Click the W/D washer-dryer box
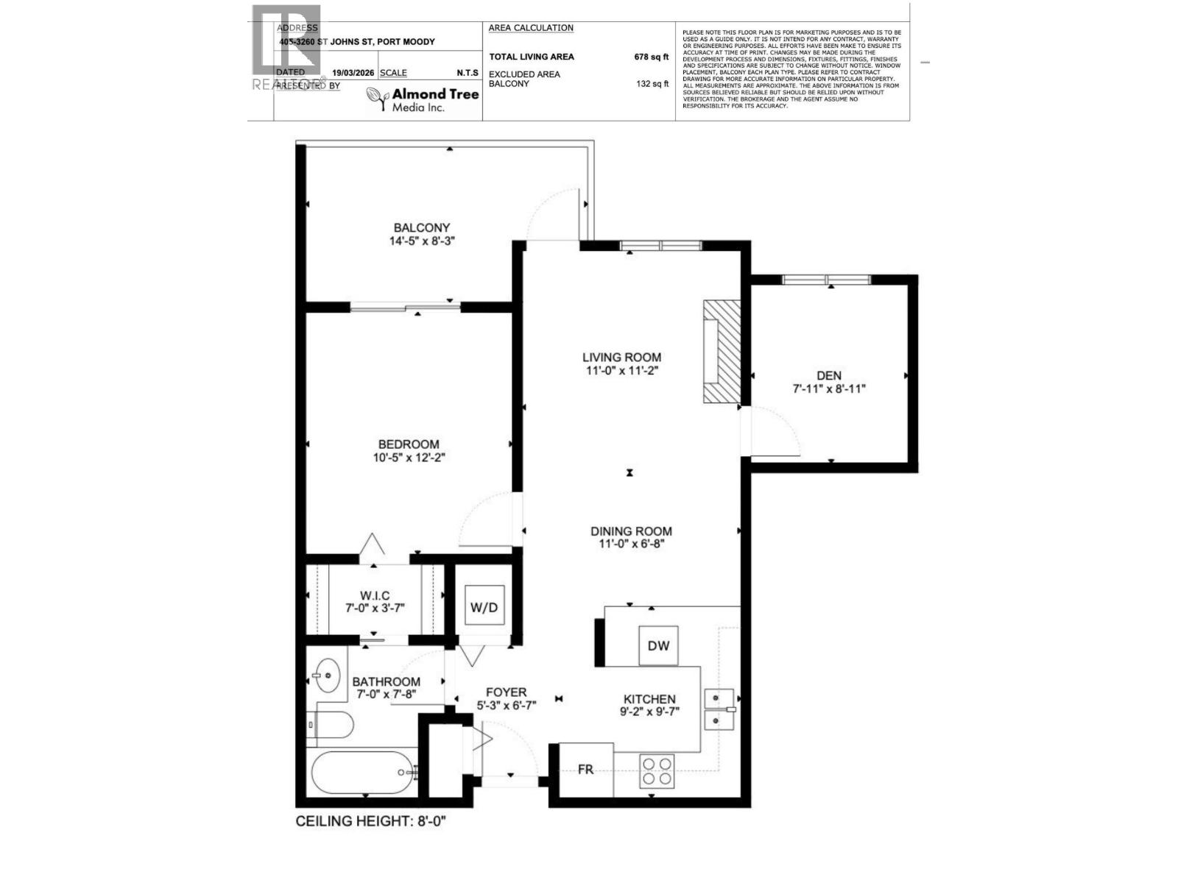[484, 607]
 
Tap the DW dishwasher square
[658, 645]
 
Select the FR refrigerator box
[586, 770]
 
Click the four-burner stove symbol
[657, 770]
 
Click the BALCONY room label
[421, 228]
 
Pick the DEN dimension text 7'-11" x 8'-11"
[828, 389]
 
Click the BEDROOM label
[409, 444]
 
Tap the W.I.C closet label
[375, 595]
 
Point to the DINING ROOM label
[631, 531]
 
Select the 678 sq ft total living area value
[651, 57]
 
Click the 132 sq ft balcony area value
[652, 84]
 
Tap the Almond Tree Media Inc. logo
[417, 99]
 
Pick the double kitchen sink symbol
[719, 709]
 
